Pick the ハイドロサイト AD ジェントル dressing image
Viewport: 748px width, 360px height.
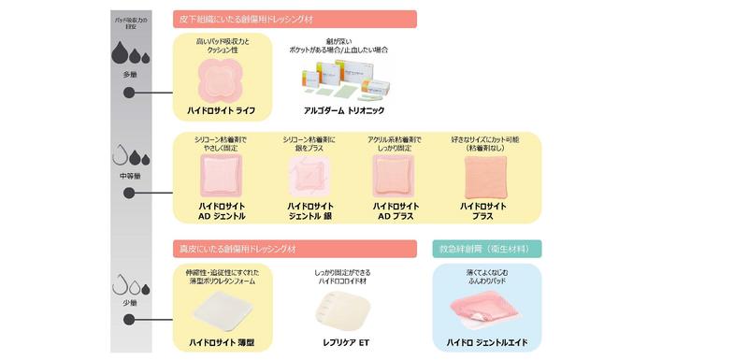coord(223,176)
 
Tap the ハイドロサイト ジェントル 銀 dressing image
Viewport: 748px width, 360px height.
coord(308,177)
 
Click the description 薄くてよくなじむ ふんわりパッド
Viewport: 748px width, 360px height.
coord(487,276)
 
